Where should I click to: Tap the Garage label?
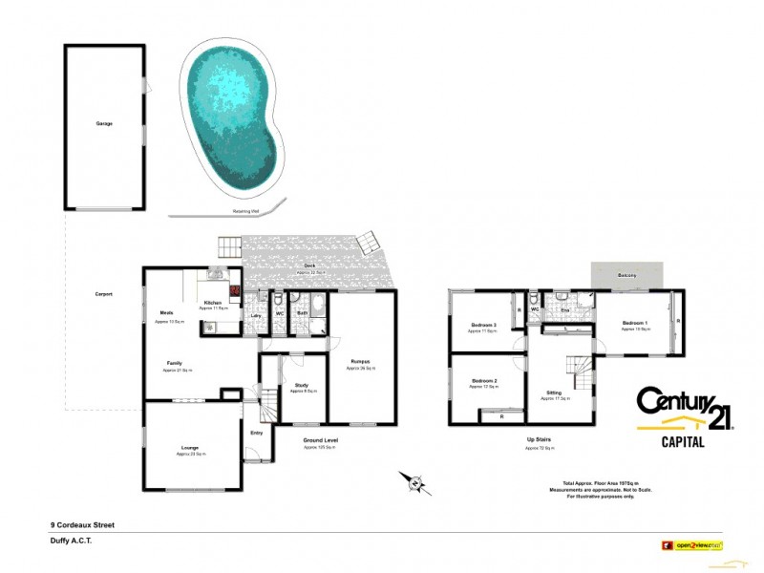point(104,124)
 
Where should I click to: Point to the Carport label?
point(104,294)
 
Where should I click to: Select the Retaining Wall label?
point(247,211)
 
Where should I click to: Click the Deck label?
point(309,266)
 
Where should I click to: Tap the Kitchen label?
point(213,303)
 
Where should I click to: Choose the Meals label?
point(166,312)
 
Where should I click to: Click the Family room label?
point(175,363)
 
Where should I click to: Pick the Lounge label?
point(190,447)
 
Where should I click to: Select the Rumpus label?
point(359,361)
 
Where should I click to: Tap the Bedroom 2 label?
point(484,381)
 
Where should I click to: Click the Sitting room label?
point(554,393)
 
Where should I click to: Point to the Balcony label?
point(626,275)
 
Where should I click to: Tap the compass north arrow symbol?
point(413,481)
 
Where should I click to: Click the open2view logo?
point(691,545)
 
